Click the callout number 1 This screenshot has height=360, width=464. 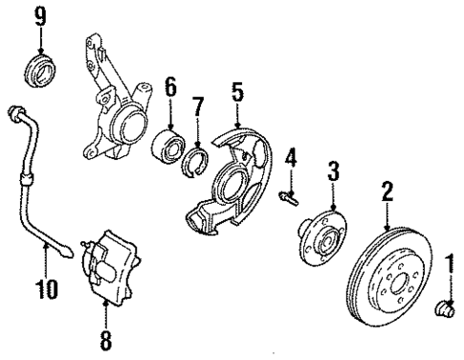[448, 259]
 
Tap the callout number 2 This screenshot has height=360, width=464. [387, 192]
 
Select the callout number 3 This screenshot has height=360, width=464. [332, 172]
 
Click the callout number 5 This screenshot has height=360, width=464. [237, 93]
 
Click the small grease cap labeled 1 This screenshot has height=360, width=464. [447, 308]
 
